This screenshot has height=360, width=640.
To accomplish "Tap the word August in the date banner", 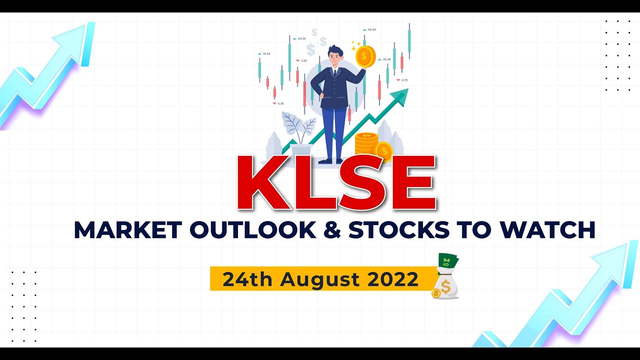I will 322,279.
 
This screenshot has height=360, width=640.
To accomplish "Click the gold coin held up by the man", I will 365,56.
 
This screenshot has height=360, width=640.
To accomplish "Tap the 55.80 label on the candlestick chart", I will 371,30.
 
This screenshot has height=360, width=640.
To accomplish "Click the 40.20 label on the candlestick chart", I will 301,38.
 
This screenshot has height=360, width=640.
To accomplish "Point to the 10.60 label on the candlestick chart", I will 266,53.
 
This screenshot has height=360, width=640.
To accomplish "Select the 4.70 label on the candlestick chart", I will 404,80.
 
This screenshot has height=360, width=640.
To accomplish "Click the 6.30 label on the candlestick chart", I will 280,103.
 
